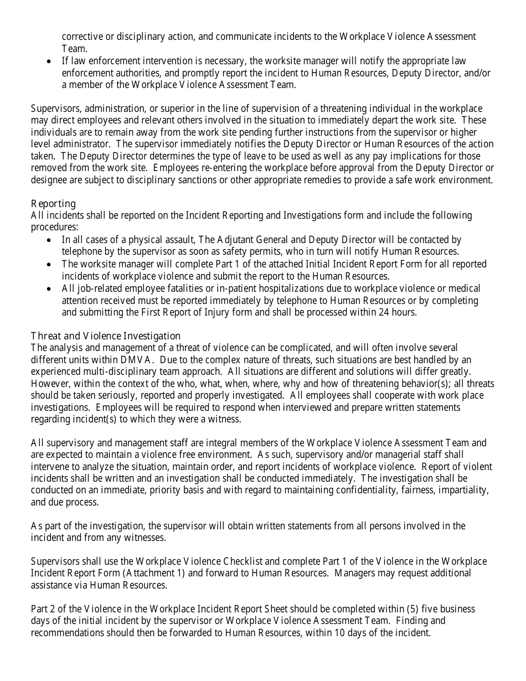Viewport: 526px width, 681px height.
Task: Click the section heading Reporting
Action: click(x=53, y=204)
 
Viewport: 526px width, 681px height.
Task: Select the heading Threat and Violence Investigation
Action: click(x=106, y=336)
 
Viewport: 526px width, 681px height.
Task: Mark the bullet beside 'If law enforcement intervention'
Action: click(x=50, y=61)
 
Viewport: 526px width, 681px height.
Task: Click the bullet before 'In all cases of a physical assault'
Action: click(x=50, y=240)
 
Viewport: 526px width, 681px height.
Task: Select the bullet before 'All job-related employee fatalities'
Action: click(x=50, y=289)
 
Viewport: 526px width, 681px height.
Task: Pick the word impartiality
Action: click(x=461, y=491)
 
